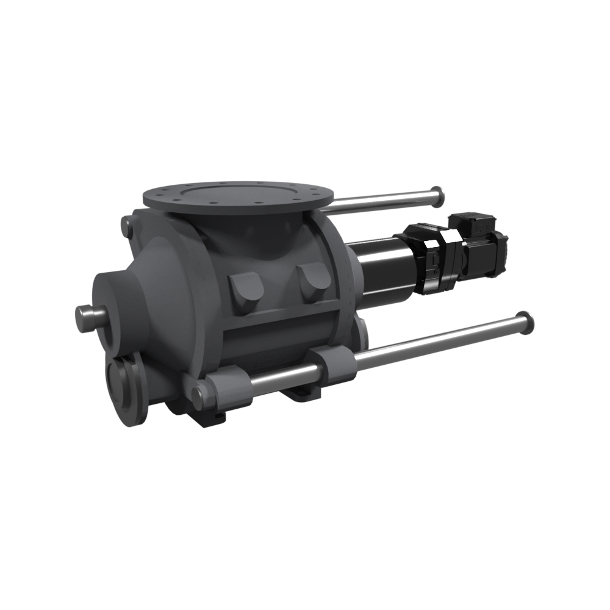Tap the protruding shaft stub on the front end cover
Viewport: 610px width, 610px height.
88,318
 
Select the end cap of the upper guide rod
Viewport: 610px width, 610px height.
437,195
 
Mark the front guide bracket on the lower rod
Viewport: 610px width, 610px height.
229,390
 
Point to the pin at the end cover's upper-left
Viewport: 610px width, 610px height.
126,228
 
